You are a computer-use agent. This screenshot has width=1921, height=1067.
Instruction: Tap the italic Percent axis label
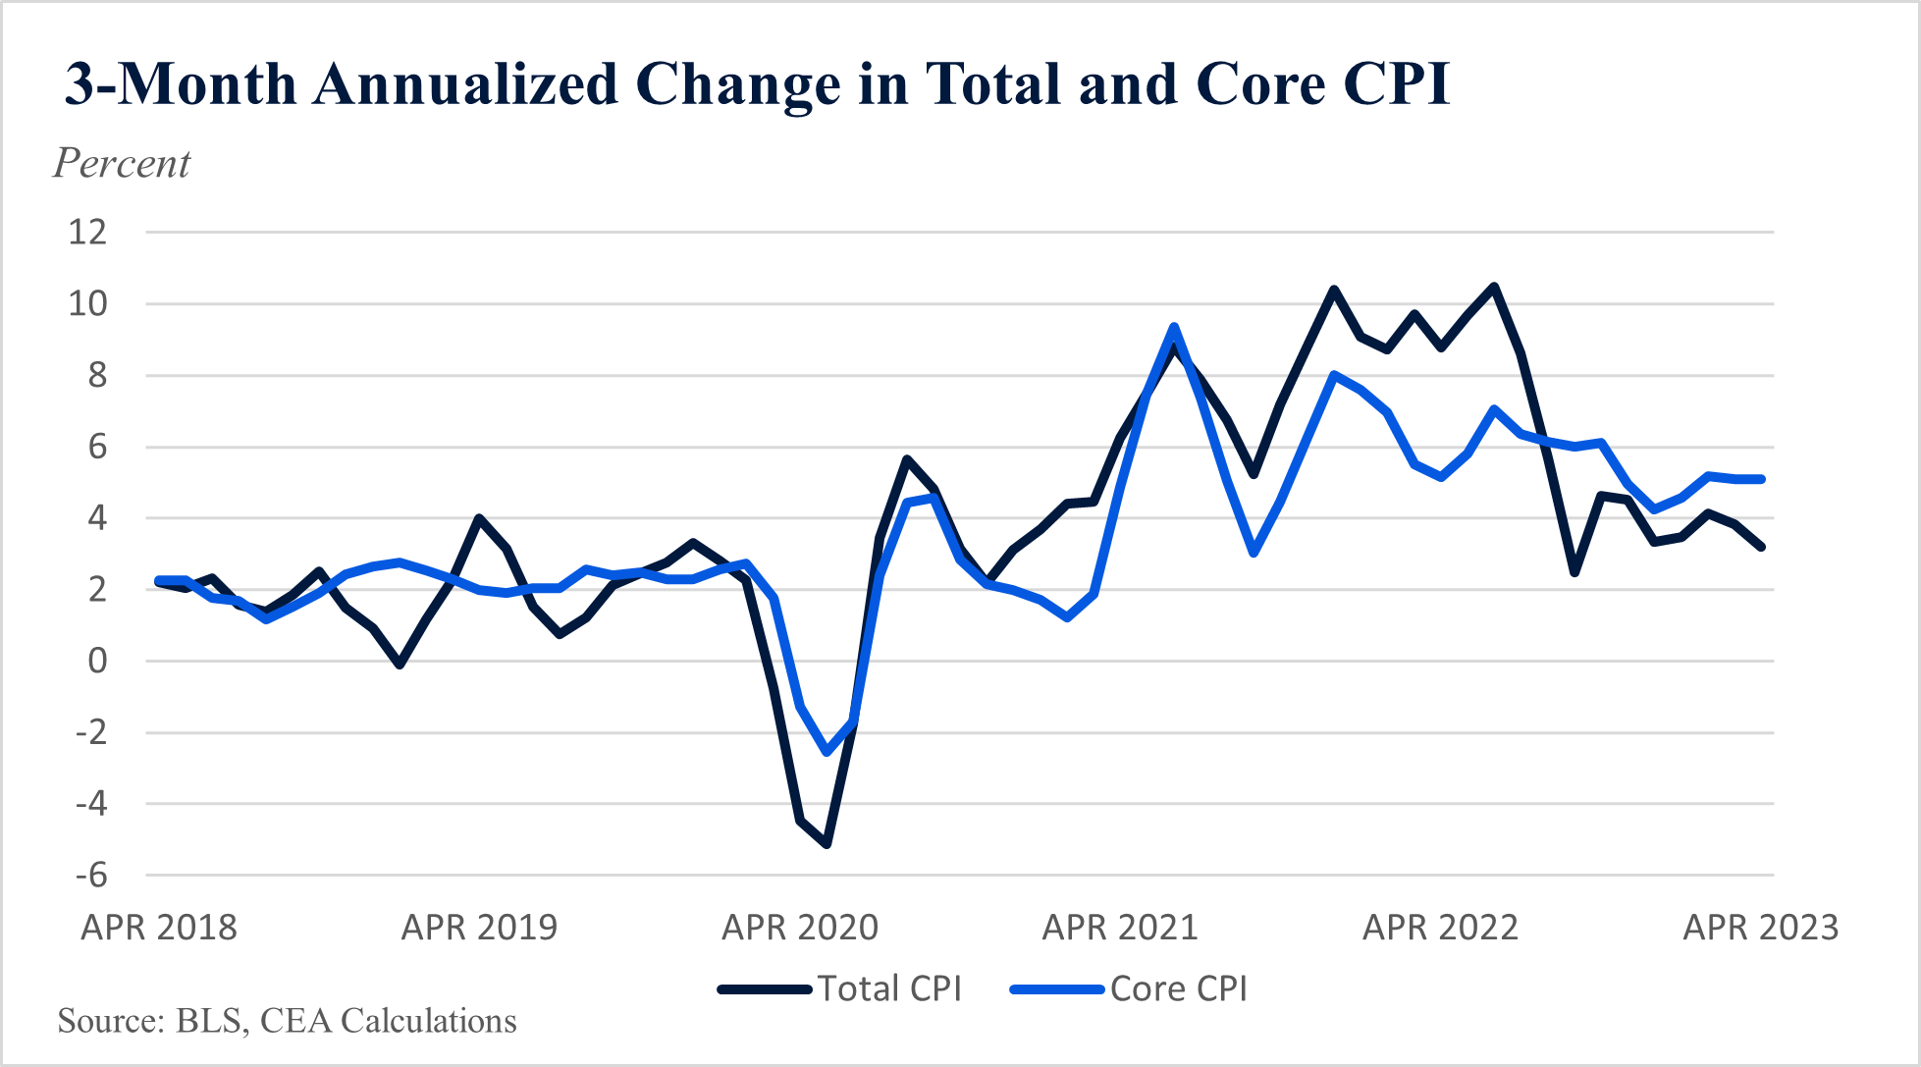(122, 164)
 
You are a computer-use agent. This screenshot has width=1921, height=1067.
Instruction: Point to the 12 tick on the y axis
(87, 233)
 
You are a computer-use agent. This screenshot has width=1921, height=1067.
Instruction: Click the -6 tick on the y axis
(91, 875)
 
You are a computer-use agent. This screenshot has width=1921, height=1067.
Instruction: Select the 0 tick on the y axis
(97, 661)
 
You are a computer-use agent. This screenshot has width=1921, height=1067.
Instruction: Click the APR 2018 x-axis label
(159, 927)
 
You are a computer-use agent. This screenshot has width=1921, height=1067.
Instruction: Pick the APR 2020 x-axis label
(800, 927)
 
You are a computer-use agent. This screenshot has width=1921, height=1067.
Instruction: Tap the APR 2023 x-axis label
(1761, 927)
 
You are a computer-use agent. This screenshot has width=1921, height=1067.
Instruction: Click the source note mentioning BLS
(287, 1021)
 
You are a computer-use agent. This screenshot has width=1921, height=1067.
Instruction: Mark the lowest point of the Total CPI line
(827, 843)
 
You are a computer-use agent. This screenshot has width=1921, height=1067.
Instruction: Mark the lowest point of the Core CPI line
(827, 752)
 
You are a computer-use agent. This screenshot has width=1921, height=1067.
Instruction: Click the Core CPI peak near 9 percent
(1173, 328)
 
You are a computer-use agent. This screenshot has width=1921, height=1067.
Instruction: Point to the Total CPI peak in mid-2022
(1494, 287)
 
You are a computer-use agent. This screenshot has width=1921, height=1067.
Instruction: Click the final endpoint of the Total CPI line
(1762, 547)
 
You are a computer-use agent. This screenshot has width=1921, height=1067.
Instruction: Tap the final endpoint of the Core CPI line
(1762, 479)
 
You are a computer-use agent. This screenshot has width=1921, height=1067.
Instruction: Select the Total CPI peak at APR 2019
(479, 518)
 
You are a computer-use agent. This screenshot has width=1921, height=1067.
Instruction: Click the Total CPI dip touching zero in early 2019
(400, 665)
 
